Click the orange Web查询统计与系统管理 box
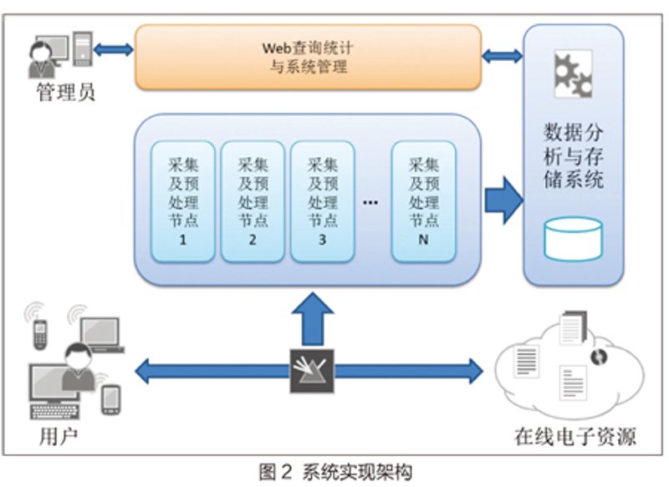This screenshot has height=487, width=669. (x=308, y=57)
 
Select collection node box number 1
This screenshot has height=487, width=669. (x=182, y=201)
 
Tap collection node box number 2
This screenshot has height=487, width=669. (x=253, y=201)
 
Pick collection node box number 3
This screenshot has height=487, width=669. (x=323, y=201)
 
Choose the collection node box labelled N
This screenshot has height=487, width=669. (x=424, y=201)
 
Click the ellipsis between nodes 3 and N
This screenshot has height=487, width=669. (x=370, y=203)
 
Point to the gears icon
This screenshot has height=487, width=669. (x=573, y=74)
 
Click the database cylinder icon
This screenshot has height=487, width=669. (x=573, y=239)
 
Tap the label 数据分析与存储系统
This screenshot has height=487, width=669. (x=573, y=156)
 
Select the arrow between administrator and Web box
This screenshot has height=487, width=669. (x=113, y=50)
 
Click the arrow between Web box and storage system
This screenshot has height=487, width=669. (x=503, y=56)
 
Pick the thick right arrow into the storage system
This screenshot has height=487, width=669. (x=504, y=200)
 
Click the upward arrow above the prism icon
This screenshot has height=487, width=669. (x=313, y=319)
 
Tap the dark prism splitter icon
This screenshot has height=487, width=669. (x=312, y=371)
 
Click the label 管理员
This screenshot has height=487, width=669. (x=65, y=93)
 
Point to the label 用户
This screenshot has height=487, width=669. (x=59, y=436)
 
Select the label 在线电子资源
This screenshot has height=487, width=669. (x=575, y=436)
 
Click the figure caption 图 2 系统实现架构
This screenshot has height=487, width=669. (x=335, y=472)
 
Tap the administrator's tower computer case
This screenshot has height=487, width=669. (x=83, y=48)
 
